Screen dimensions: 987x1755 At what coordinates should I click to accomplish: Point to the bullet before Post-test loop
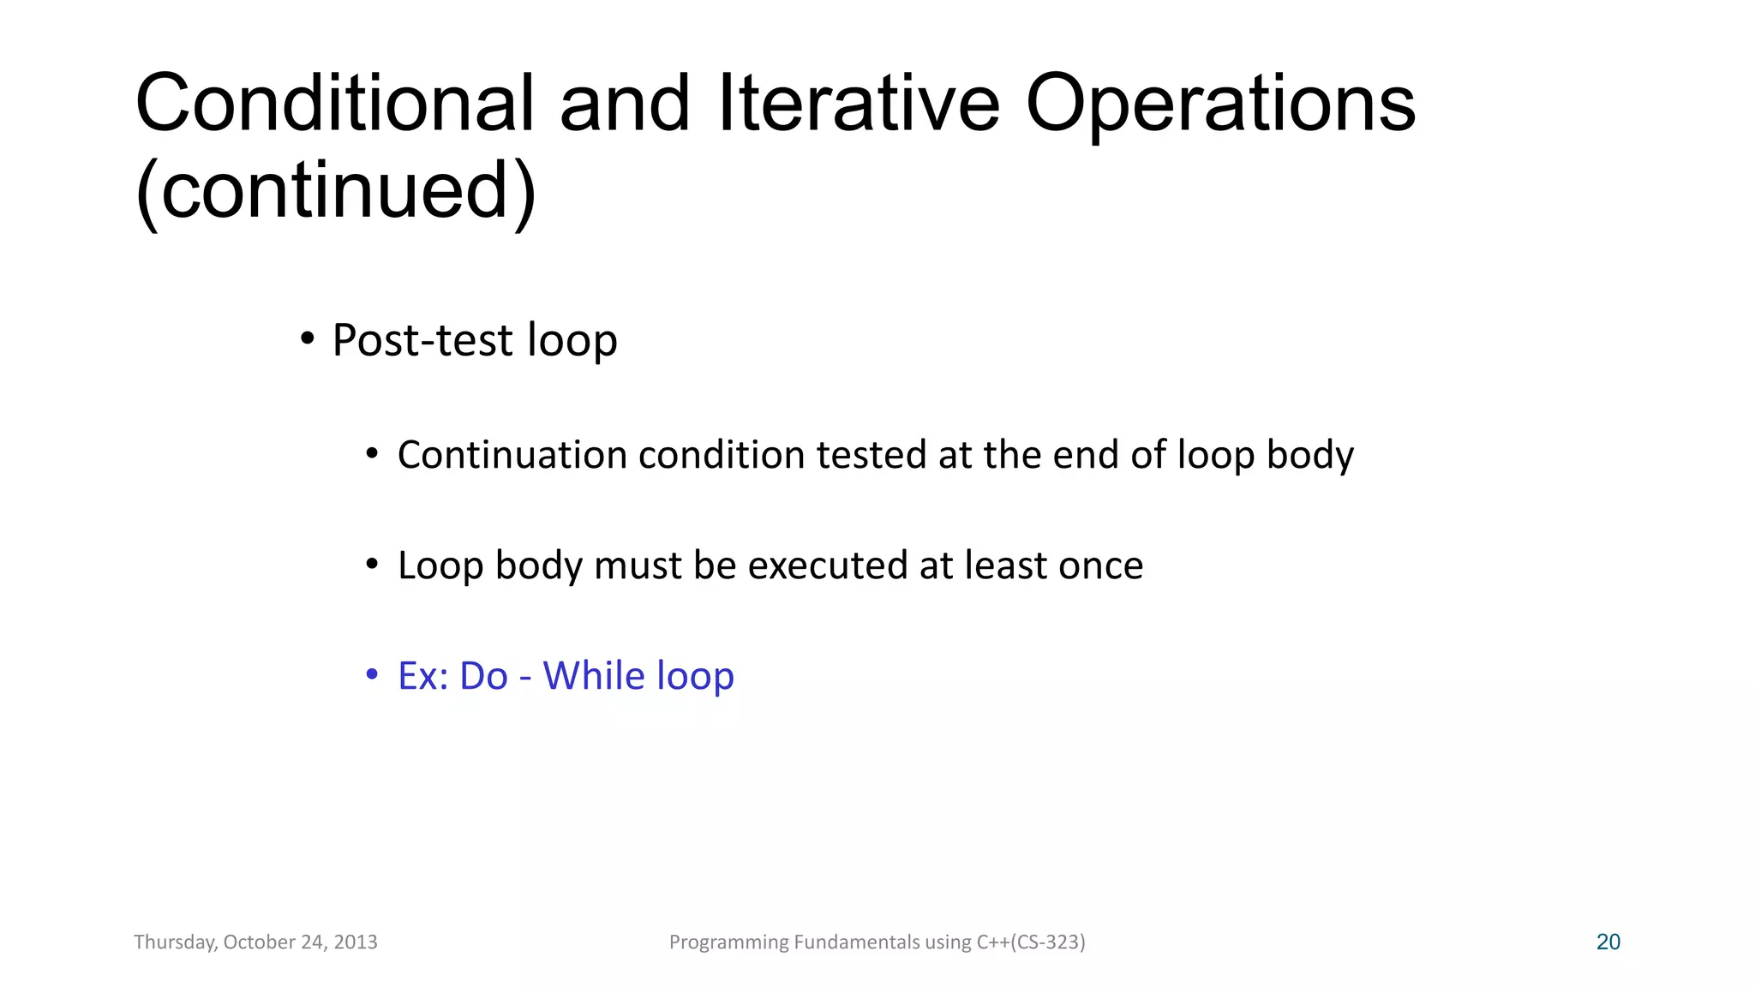pos(307,339)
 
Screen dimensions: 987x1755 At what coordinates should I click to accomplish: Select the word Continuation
pos(512,454)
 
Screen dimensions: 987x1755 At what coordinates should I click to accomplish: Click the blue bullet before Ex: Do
pos(372,675)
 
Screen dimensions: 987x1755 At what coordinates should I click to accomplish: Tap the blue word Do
pos(484,675)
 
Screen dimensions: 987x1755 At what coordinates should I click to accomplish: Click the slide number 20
pos(1608,942)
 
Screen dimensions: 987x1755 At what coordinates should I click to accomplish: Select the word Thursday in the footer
pos(175,942)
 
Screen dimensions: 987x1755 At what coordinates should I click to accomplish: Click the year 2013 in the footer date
pos(356,942)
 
